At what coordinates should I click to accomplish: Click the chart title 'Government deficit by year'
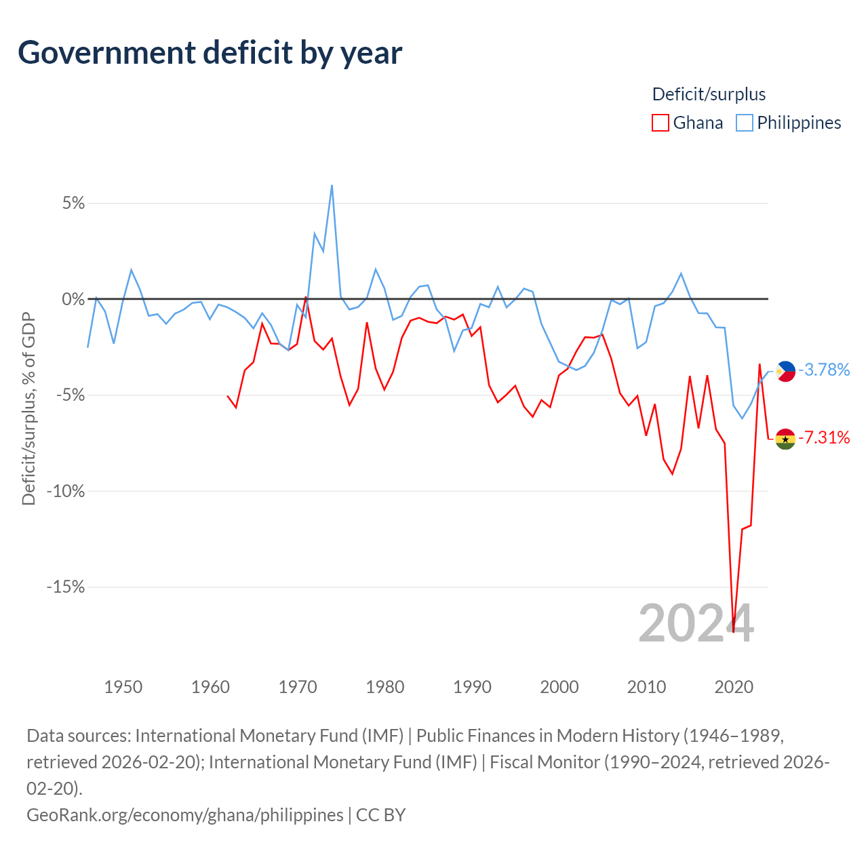click(210, 53)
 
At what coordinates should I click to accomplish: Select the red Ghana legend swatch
click(660, 123)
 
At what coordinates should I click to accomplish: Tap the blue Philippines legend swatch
click(744, 123)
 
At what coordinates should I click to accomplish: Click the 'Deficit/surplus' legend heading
click(709, 94)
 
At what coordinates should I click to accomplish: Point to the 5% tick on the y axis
click(73, 203)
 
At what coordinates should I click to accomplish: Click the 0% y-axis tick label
click(73, 299)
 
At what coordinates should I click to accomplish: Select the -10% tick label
click(66, 491)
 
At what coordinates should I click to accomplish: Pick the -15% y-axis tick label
click(66, 587)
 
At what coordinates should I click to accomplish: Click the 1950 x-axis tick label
click(123, 687)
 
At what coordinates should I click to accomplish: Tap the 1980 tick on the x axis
click(384, 687)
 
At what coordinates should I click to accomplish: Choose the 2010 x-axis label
click(646, 687)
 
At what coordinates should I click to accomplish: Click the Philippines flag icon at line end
click(785, 371)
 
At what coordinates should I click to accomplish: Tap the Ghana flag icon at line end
click(785, 439)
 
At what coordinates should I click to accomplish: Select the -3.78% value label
click(824, 370)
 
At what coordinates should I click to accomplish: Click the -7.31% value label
click(824, 437)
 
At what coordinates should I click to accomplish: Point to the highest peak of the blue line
click(332, 185)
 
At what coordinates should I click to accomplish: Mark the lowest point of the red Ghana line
click(733, 632)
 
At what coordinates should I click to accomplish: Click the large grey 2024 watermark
click(696, 624)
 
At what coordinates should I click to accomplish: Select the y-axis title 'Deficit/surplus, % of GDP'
click(28, 408)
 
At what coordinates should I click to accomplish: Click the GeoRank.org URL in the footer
click(184, 815)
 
